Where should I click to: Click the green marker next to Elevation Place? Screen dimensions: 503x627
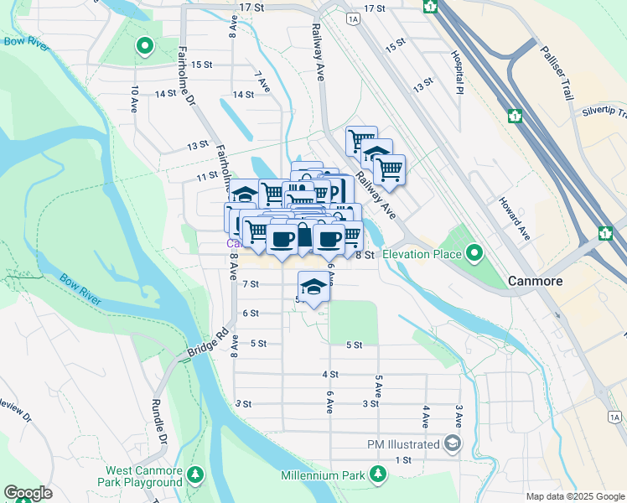pos(474,252)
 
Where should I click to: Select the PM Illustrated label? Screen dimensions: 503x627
pos(403,444)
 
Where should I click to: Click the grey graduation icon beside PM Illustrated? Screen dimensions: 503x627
pos(453,443)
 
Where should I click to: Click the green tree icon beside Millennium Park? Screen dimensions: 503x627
pos(379,475)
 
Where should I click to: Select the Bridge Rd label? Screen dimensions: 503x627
pos(207,345)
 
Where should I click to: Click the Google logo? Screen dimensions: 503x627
pos(27,492)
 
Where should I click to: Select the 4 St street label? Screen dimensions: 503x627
pos(330,374)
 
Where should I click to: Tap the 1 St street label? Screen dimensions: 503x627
pos(404,460)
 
